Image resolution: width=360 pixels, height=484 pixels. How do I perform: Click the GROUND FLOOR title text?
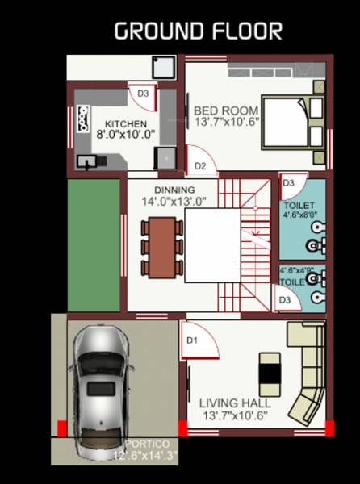(198, 31)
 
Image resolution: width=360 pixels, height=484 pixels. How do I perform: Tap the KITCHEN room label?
(126, 124)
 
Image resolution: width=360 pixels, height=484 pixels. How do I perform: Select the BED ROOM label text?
(226, 111)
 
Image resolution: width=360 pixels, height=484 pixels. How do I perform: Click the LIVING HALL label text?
(235, 403)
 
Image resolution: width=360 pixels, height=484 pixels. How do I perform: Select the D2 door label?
(201, 166)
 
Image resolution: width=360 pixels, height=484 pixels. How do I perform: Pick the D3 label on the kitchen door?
(143, 94)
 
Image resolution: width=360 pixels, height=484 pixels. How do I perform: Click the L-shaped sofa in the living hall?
(307, 371)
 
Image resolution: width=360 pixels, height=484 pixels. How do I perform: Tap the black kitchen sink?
(85, 161)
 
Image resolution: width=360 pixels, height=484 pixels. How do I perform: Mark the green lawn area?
(92, 245)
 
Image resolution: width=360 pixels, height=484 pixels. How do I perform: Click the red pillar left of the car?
(61, 428)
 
